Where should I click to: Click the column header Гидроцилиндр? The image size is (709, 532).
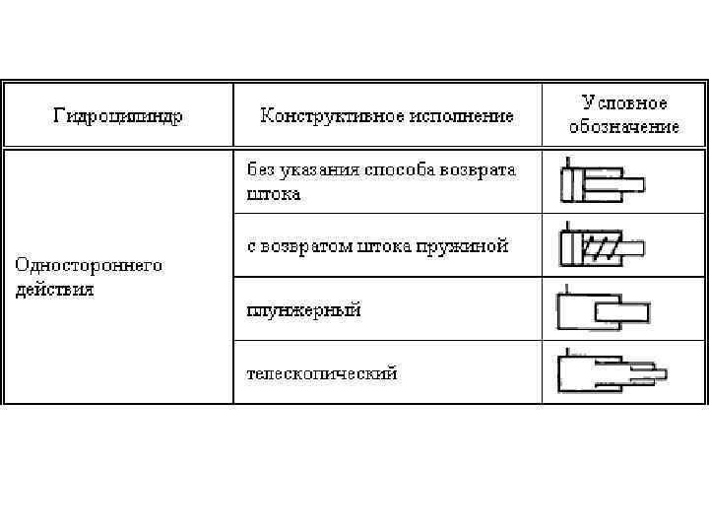pyautogui.click(x=117, y=116)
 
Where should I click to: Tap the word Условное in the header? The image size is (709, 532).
pyautogui.click(x=623, y=103)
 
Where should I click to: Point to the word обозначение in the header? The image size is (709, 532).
pyautogui.click(x=623, y=127)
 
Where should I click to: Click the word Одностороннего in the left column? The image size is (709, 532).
pyautogui.click(x=88, y=265)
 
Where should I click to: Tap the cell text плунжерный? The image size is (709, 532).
pyautogui.click(x=303, y=310)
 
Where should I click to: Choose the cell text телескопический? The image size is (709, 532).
pyautogui.click(x=321, y=373)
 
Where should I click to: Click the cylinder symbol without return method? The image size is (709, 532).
pyautogui.click(x=601, y=183)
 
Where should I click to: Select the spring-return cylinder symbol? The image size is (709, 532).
pyautogui.click(x=601, y=246)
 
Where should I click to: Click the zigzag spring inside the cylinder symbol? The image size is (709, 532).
pyautogui.click(x=605, y=247)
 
